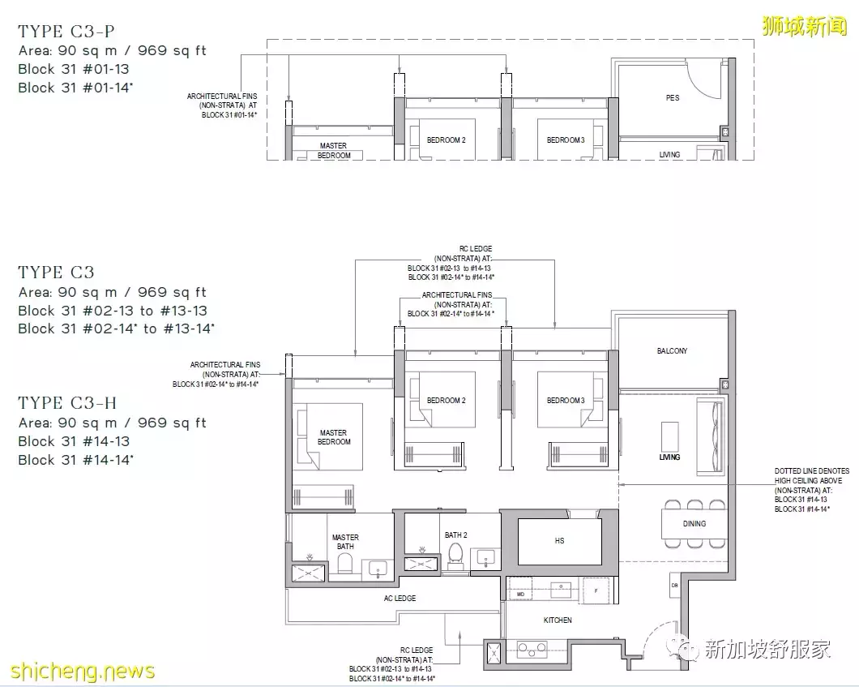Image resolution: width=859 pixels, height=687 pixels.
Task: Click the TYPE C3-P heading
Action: point(66,32)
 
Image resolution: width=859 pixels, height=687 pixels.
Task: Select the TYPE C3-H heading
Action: point(67,403)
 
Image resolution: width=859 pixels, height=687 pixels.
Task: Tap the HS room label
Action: point(559,541)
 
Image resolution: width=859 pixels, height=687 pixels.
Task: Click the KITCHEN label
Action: point(558,620)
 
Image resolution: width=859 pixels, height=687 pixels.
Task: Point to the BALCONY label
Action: point(672,351)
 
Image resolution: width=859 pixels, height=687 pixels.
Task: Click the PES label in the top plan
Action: point(673,97)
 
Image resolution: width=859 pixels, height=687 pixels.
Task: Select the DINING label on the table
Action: point(694,524)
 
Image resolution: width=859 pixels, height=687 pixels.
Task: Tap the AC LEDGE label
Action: point(400,598)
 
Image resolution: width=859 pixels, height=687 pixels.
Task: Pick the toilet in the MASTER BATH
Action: point(345,563)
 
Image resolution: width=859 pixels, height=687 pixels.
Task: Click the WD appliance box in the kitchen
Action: point(520,594)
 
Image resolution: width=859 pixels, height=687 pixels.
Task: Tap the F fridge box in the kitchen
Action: point(596,590)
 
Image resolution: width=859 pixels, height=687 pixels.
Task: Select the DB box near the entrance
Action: point(675,586)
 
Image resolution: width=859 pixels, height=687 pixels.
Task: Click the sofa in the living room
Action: point(711,437)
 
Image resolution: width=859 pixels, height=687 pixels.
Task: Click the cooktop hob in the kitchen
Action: point(532,650)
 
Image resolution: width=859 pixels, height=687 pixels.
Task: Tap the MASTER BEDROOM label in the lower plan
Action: point(334,437)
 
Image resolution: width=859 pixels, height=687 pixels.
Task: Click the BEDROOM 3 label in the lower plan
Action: point(566,400)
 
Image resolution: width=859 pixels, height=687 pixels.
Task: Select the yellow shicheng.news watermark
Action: point(83,671)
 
